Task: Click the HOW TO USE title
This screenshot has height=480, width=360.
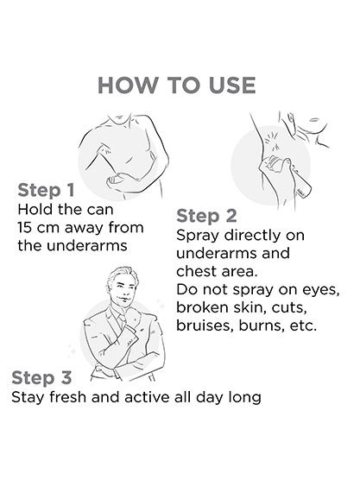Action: tap(177, 85)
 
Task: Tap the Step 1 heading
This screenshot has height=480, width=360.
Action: tap(46, 191)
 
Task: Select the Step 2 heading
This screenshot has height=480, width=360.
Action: tap(206, 216)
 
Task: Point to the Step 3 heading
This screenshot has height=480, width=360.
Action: tap(41, 377)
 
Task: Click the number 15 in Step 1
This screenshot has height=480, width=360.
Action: tap(23, 227)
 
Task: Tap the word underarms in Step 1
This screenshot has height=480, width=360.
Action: tap(87, 245)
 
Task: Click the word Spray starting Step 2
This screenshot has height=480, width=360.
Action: tap(198, 236)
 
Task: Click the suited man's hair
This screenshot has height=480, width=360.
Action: tap(122, 274)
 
